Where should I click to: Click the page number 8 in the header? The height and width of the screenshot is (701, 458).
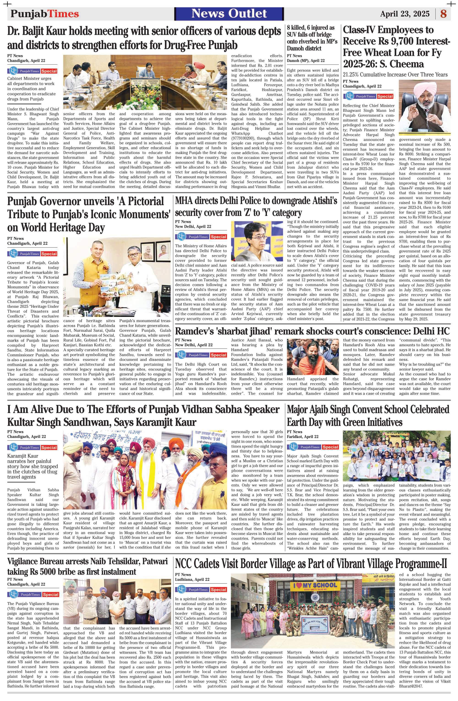click(x=443, y=14)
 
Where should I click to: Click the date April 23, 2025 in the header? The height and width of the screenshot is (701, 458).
click(x=404, y=14)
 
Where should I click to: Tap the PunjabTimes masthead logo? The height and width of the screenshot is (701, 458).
click(x=45, y=14)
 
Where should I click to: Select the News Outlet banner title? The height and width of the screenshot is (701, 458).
click(x=229, y=14)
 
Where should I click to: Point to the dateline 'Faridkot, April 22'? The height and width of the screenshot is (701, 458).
click(x=303, y=437)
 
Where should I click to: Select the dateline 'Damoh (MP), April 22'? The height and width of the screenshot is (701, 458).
click(x=305, y=61)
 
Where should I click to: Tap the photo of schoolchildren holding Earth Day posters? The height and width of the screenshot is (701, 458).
click(x=396, y=456)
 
